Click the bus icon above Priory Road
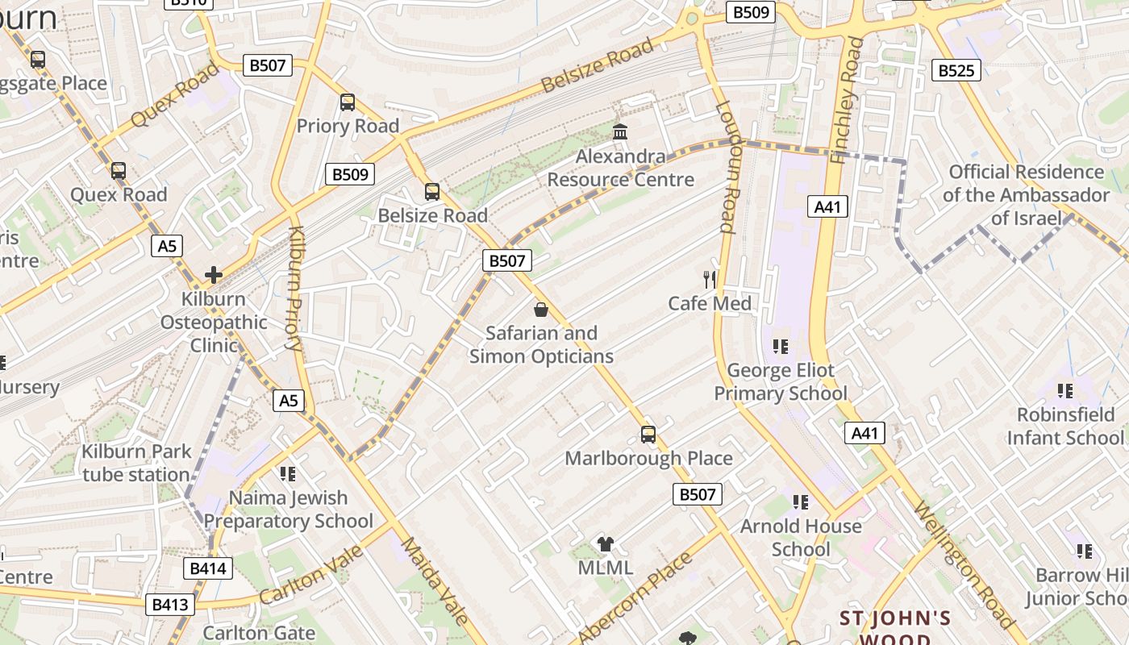point(348,102)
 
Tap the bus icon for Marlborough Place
point(648,435)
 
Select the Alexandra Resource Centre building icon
point(620,131)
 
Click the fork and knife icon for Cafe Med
point(710,280)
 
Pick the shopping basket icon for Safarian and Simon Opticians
point(541,309)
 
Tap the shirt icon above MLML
point(606,544)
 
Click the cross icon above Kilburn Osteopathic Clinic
point(214,275)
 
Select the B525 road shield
point(956,70)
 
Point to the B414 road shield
point(210,568)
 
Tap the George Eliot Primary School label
point(781,382)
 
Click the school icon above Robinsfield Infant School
point(1065,391)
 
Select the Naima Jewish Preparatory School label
point(289,510)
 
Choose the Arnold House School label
point(801,538)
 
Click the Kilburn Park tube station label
point(135,463)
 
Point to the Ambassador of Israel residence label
point(1027,195)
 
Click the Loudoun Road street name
point(726,167)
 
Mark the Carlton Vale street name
point(312,575)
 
